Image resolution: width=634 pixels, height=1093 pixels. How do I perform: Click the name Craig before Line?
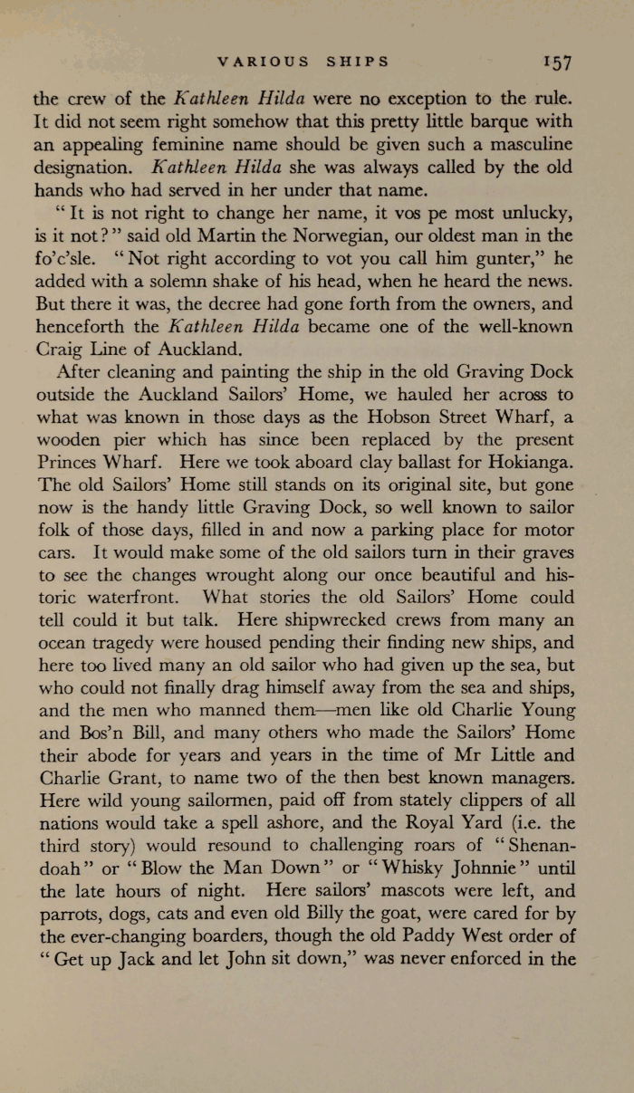(x=57, y=347)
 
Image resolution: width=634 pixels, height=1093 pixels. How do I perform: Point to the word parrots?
(x=62, y=914)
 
